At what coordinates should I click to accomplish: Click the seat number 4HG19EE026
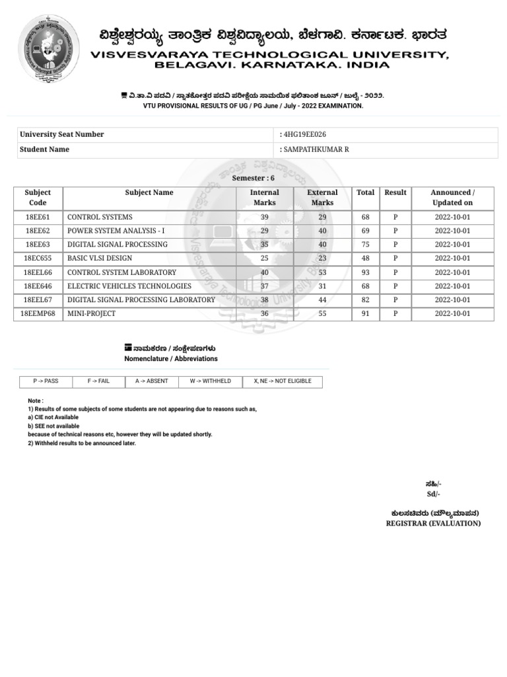pyautogui.click(x=304, y=134)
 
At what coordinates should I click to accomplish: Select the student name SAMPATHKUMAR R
pyautogui.click(x=316, y=149)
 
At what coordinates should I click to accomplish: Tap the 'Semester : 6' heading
pyautogui.click(x=253, y=179)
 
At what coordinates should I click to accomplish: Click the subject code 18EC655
pyautogui.click(x=38, y=259)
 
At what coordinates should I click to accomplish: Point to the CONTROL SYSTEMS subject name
pyautogui.click(x=100, y=217)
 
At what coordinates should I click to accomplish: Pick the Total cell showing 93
pyautogui.click(x=365, y=272)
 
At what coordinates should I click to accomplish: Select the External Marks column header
pyautogui.click(x=322, y=198)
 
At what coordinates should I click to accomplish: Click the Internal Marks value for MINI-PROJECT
pyautogui.click(x=265, y=314)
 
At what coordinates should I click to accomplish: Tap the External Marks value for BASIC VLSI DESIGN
pyautogui.click(x=322, y=259)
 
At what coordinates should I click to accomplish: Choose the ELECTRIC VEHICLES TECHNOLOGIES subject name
pyautogui.click(x=129, y=286)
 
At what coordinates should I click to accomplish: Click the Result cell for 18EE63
pyautogui.click(x=395, y=245)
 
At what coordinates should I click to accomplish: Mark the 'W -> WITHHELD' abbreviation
pyautogui.click(x=211, y=381)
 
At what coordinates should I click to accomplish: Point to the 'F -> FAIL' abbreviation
pyautogui.click(x=99, y=381)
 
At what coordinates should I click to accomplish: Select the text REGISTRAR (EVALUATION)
pyautogui.click(x=433, y=524)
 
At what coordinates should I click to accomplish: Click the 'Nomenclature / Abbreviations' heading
pyautogui.click(x=171, y=359)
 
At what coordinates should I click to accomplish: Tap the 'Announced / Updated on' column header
pyautogui.click(x=452, y=198)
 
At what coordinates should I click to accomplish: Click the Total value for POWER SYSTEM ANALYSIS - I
pyautogui.click(x=365, y=231)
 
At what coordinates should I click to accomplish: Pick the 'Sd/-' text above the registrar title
pyautogui.click(x=433, y=495)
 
